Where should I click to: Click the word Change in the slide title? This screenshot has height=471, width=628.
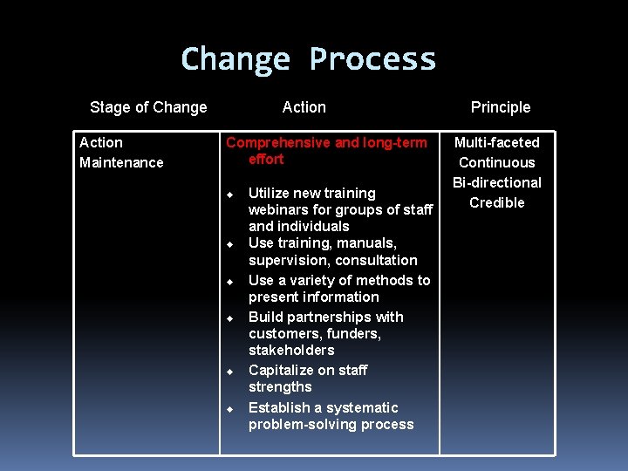(x=235, y=59)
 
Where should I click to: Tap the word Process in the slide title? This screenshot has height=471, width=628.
(x=372, y=59)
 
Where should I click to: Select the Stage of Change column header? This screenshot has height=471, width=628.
(x=148, y=107)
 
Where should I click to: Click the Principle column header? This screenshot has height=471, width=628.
(x=501, y=107)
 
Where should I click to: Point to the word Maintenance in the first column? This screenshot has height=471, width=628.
(x=121, y=162)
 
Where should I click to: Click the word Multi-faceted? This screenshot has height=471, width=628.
(x=497, y=142)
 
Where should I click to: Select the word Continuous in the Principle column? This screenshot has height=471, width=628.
(x=497, y=162)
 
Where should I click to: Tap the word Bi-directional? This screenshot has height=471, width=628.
(x=497, y=182)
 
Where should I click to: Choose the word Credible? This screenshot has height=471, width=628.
(x=497, y=202)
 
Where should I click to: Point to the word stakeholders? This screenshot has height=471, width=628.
(x=291, y=350)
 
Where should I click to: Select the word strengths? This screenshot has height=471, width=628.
(x=280, y=386)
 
